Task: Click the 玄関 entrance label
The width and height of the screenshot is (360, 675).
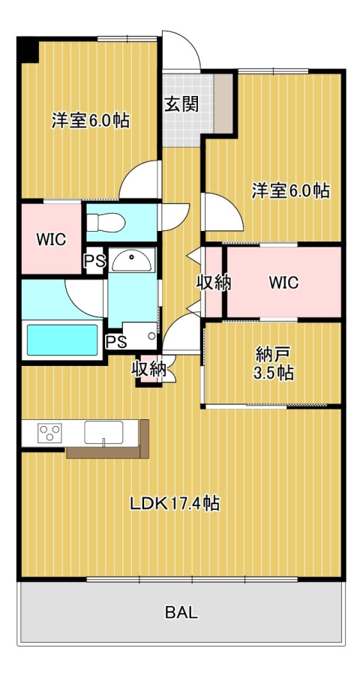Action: pos(181,103)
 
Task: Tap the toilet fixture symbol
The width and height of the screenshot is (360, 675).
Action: pos(106,223)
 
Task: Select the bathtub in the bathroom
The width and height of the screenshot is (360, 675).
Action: pos(62,340)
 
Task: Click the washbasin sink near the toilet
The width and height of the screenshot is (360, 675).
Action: pos(131,260)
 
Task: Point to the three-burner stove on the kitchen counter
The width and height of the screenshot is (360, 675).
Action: pos(50,433)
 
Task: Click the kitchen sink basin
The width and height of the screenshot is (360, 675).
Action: pos(103,432)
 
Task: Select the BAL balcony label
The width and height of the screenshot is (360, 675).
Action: pos(181,612)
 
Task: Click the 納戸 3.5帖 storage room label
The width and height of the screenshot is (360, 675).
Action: pos(274,364)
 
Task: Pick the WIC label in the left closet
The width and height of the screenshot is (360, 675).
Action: pos(51,239)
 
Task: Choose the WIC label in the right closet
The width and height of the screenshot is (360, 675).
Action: pos(283,283)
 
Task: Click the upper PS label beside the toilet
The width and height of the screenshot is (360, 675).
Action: pos(94,261)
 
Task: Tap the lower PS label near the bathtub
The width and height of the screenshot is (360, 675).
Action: pos(116,341)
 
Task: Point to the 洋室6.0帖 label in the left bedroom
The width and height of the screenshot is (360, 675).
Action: pos(91,120)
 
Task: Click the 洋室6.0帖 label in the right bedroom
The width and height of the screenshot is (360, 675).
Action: pos(291,190)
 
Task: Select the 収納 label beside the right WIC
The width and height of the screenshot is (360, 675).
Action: pos(214,283)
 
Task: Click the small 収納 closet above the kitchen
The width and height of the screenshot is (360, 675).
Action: pos(149,369)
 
